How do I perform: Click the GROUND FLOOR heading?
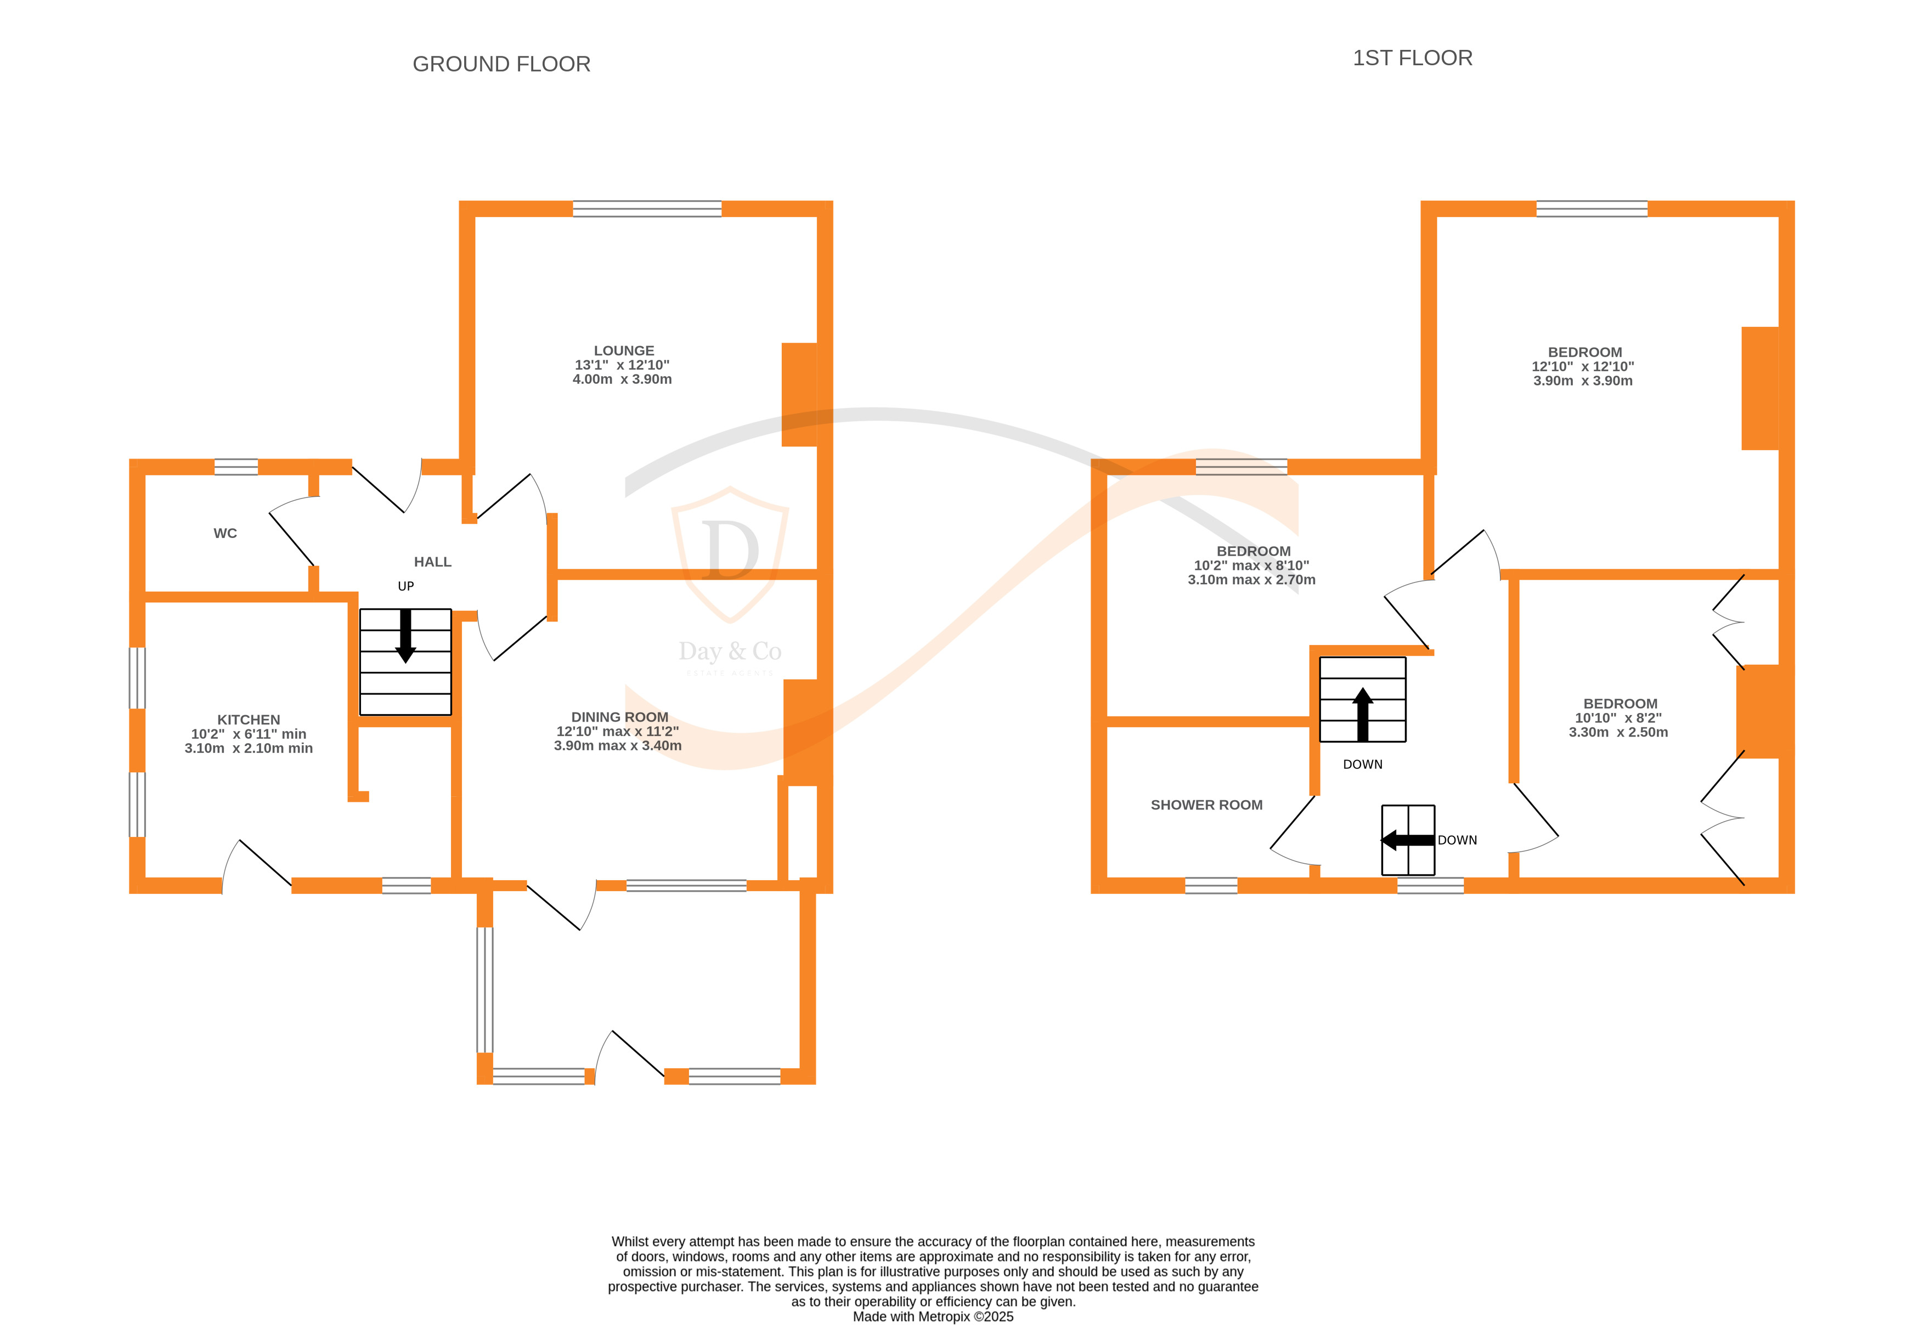pos(501,64)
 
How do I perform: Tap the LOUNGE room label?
pos(624,350)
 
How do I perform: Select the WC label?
pos(225,533)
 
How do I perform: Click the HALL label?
pos(433,562)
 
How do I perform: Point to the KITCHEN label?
pos(249,720)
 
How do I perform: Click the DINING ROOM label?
pos(619,716)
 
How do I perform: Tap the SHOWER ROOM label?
pos(1206,805)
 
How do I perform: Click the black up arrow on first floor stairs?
pos(1363,714)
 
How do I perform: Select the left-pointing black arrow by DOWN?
pos(1407,840)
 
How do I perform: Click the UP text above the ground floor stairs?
pos(405,586)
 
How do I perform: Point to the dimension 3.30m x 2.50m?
pos(1617,732)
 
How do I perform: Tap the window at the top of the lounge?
pos(647,209)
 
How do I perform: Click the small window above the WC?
pos(236,467)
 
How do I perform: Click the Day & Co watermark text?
pos(730,652)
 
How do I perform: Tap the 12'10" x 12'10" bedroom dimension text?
pos(1583,366)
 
